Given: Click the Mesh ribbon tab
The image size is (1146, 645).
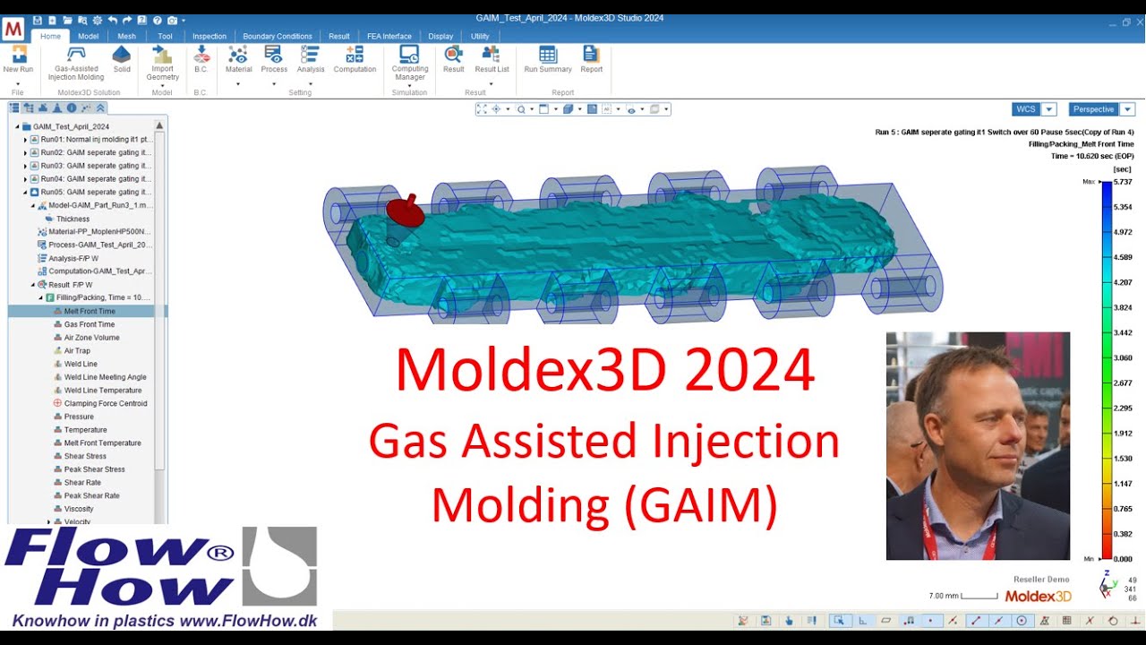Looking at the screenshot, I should [x=126, y=36].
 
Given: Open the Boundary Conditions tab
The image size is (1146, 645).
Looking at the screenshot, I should [x=278, y=36].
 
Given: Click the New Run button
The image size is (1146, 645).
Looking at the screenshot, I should [x=18, y=59].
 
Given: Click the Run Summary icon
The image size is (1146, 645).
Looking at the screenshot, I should [x=548, y=59].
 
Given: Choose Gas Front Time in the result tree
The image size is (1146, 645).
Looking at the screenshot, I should [x=90, y=324].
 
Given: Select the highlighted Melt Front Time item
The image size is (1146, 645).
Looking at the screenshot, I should [x=90, y=311].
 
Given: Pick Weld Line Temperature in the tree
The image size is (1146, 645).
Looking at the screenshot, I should [x=103, y=391].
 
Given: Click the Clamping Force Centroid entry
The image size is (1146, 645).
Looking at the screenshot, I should [x=106, y=403].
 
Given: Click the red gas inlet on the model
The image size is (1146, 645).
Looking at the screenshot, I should [x=405, y=211].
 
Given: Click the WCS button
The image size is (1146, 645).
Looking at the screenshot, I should [x=1025, y=109].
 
